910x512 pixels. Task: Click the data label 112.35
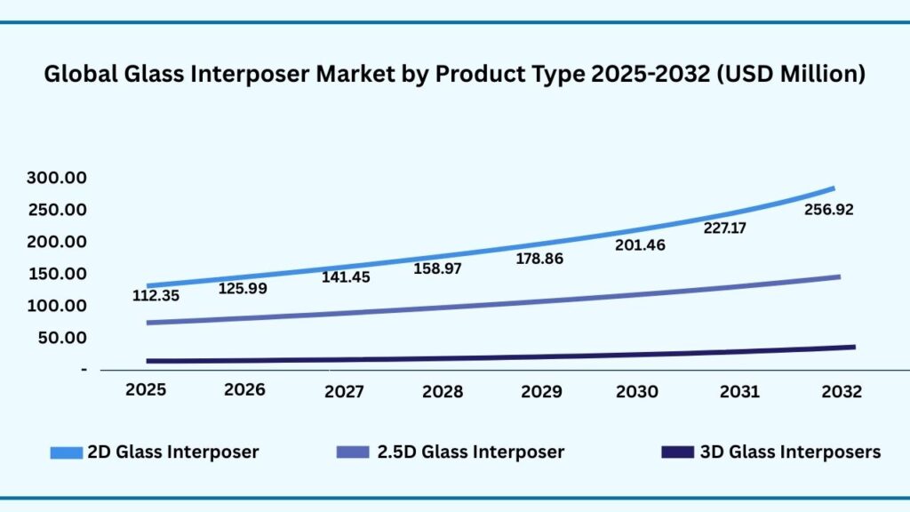(x=156, y=296)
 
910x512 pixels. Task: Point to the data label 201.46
(x=640, y=244)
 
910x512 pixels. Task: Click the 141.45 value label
(x=346, y=277)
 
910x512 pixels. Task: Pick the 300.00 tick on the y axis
(x=56, y=178)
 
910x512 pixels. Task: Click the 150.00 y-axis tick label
(x=56, y=274)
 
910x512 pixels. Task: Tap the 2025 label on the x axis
(x=146, y=390)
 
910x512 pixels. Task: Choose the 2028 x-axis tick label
(x=441, y=390)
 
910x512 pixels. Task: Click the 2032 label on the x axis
(x=839, y=390)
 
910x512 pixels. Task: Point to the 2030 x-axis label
(x=637, y=390)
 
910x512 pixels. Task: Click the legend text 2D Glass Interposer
(x=172, y=452)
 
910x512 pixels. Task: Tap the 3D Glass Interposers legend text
(x=790, y=452)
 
